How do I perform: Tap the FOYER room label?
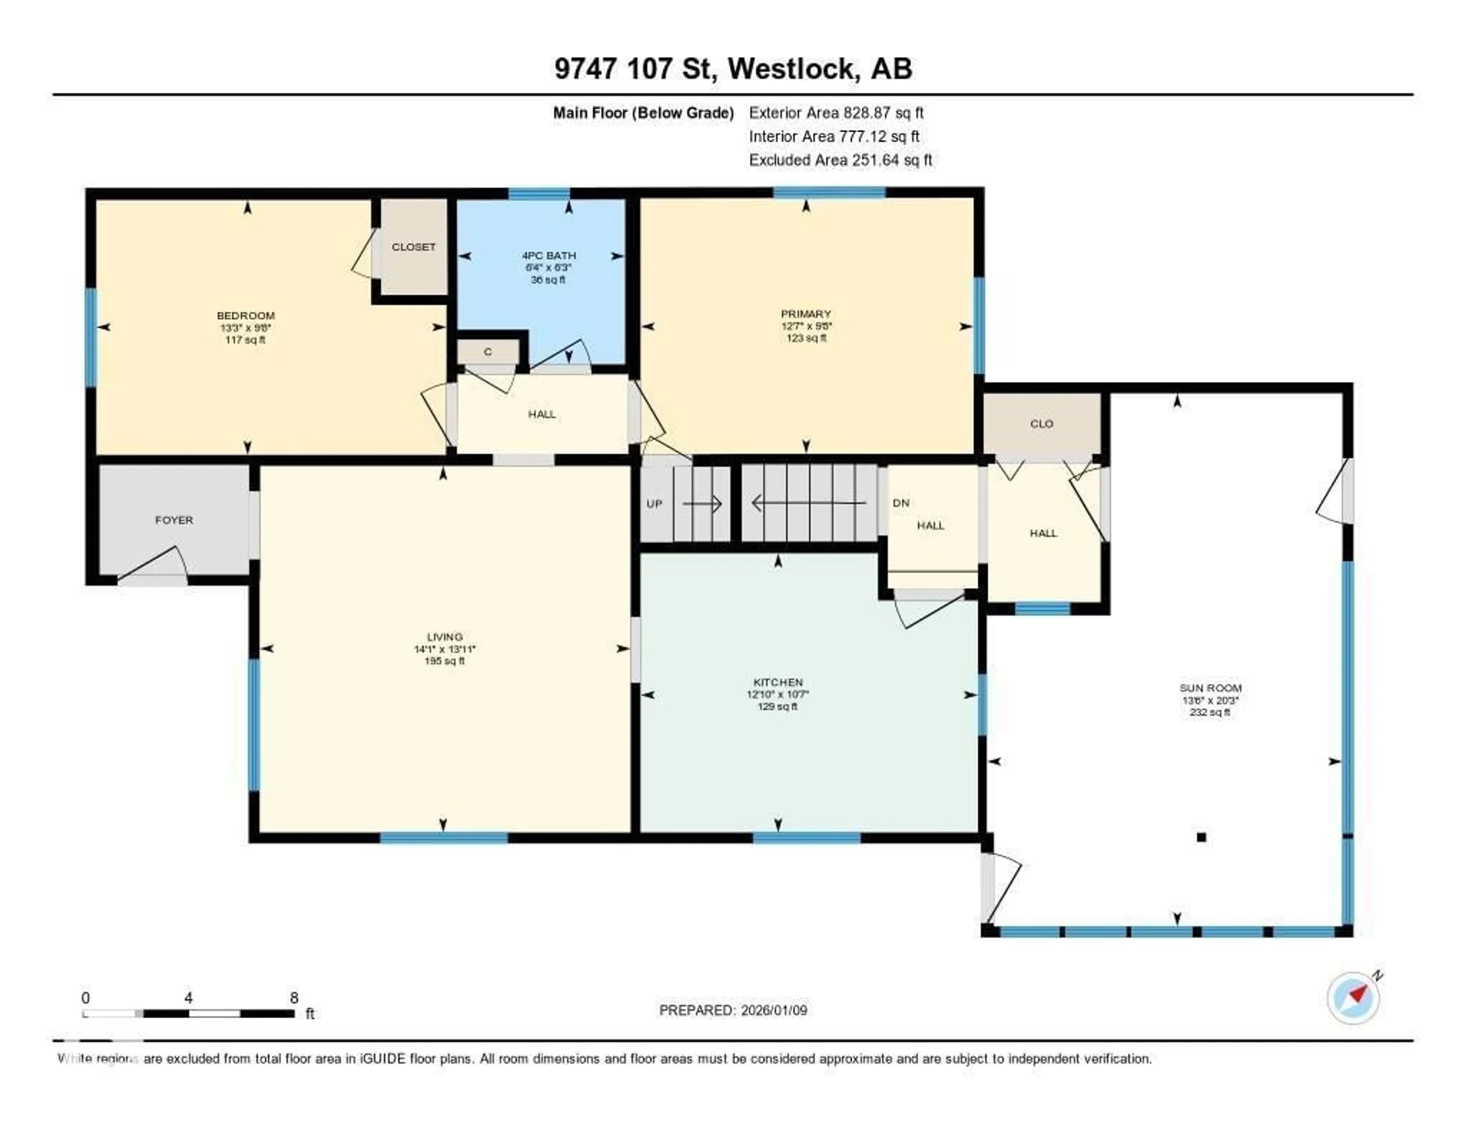(x=174, y=520)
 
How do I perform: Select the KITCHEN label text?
(x=778, y=682)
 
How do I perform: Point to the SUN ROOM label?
(x=1210, y=688)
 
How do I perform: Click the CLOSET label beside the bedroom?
(x=413, y=247)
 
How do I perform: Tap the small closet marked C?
(x=488, y=352)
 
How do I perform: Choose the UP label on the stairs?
(x=654, y=504)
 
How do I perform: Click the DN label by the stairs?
(x=901, y=503)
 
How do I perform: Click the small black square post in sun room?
(x=1201, y=837)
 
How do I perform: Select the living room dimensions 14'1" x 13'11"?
(x=444, y=649)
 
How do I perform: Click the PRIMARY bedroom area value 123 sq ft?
(x=806, y=338)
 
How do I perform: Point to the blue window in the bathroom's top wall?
(x=539, y=194)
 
